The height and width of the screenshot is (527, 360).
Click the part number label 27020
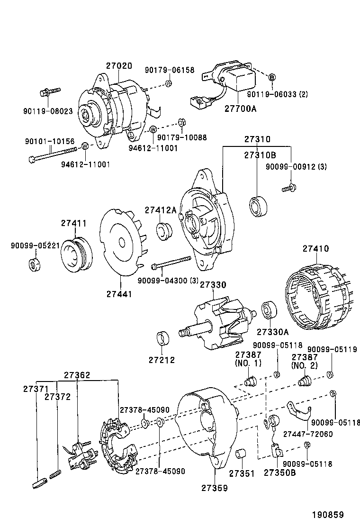tap(119, 66)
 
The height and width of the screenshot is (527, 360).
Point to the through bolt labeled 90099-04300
tap(171, 263)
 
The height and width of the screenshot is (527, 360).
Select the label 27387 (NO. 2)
tap(304, 361)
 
